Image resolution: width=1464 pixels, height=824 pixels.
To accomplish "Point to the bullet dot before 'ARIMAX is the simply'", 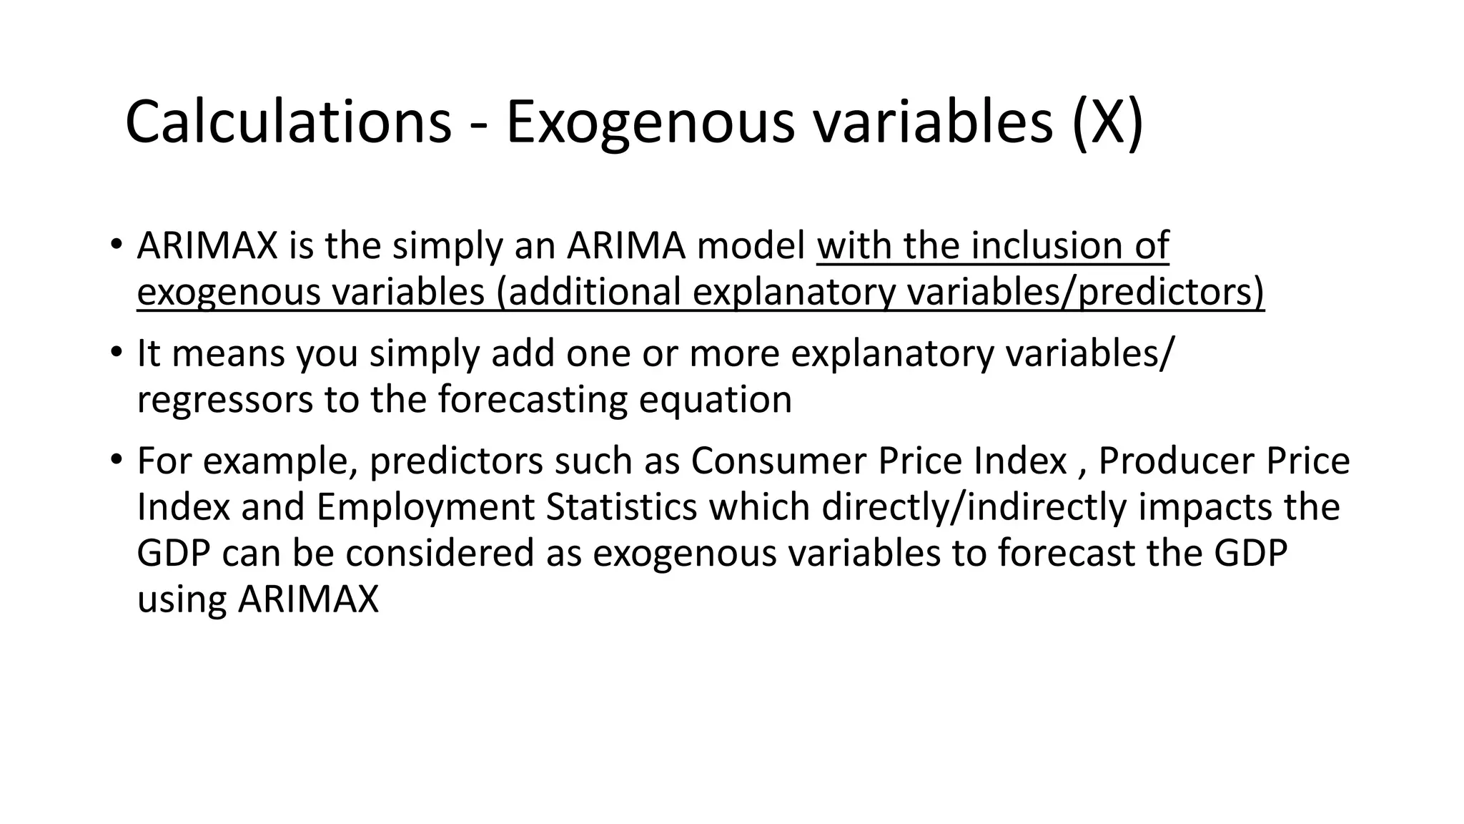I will click(116, 245).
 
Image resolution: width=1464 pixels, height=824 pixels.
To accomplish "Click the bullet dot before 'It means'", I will click(116, 353).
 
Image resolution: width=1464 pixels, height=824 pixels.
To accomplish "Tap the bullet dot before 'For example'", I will click(116, 460).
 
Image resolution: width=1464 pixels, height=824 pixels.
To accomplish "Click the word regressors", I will click(224, 399).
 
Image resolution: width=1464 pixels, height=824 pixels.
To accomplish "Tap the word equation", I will click(715, 399).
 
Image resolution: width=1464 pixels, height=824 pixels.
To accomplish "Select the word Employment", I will click(425, 506).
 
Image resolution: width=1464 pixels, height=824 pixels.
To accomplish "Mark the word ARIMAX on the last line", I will click(308, 599).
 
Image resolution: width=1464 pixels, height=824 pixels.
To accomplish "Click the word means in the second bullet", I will click(228, 353).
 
